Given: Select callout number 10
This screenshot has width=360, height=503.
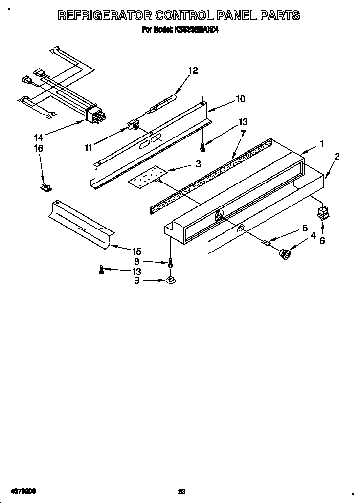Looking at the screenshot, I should click(x=240, y=99).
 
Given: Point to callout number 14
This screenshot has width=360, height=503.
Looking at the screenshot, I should click(x=39, y=138).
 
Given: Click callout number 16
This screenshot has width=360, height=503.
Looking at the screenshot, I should click(x=39, y=148).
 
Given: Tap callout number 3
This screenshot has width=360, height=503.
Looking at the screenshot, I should click(x=198, y=164).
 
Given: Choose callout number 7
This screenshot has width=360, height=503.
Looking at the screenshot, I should click(x=243, y=133).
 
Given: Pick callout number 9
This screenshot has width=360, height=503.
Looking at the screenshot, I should click(x=136, y=280).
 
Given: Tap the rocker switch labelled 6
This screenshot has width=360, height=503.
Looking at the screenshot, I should click(x=322, y=213).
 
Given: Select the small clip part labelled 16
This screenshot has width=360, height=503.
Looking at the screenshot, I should click(x=46, y=186).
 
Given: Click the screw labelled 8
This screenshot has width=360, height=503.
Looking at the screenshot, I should click(x=170, y=263).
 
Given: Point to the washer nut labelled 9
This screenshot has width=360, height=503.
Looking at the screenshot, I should click(x=170, y=280).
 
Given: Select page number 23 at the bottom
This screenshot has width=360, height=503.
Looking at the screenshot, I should click(x=181, y=491).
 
